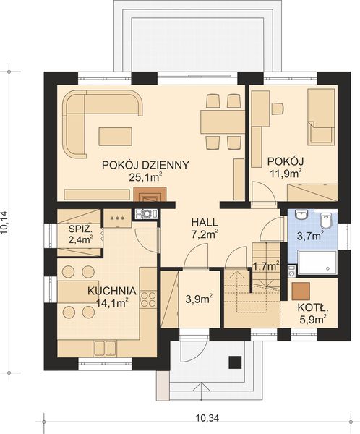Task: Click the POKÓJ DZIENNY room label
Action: (x=145, y=164)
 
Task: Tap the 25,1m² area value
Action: (x=145, y=176)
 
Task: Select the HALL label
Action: (x=205, y=221)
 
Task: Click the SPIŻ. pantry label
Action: (x=80, y=229)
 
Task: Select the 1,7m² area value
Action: (x=265, y=266)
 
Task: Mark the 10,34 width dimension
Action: (x=207, y=417)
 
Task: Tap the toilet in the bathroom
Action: (x=326, y=221)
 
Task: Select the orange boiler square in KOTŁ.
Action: (x=301, y=289)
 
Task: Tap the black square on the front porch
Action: (x=234, y=362)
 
